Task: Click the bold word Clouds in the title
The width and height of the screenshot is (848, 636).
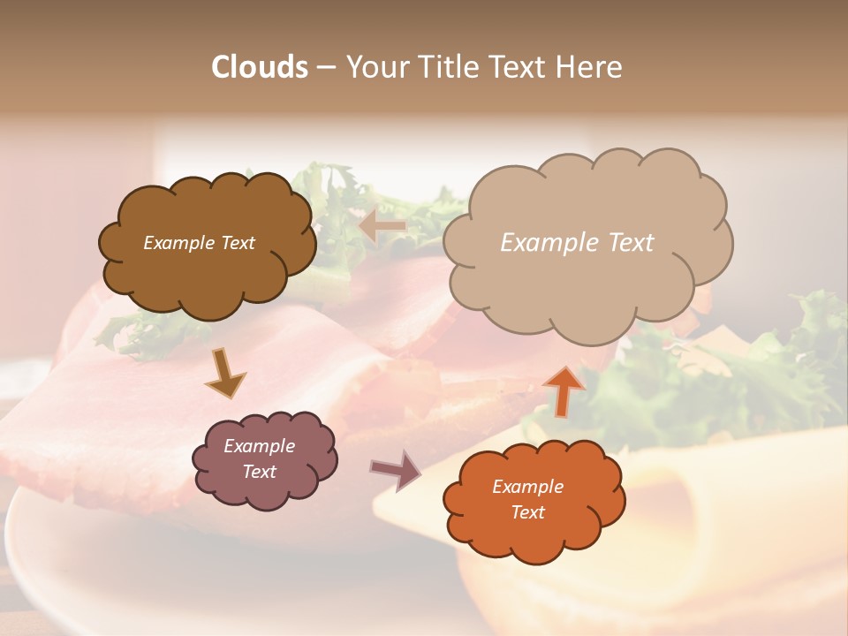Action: pos(260,67)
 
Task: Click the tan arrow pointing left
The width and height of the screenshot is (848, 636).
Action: pos(383,227)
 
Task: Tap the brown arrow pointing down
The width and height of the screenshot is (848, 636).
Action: pos(225,374)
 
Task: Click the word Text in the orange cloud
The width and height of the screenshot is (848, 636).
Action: pos(527,512)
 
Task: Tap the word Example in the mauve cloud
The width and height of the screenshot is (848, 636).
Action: pos(259,446)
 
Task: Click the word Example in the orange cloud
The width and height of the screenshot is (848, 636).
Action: pos(527,487)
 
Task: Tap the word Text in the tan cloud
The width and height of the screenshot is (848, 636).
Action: pos(632,243)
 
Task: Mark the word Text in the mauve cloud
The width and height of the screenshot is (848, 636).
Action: pos(259,472)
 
